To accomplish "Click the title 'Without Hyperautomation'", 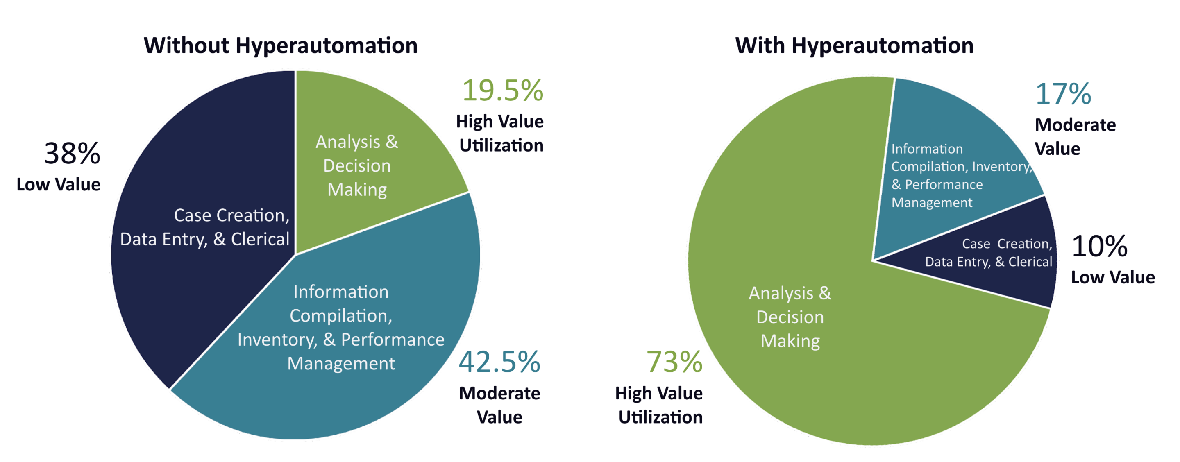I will [280, 46].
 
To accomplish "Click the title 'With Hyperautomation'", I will [854, 46].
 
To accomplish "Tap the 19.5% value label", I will [502, 90].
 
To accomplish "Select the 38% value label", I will [72, 154].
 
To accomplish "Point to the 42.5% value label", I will [499, 362].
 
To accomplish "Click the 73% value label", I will [674, 362].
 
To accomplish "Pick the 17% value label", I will [1063, 94].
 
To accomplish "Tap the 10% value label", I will [1099, 246].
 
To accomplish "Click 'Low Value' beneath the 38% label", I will [59, 185].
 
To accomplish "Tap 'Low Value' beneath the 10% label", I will [1113, 277].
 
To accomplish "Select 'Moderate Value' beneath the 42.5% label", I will [499, 405].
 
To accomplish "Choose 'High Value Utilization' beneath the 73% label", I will [660, 405].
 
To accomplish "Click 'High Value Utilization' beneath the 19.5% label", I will [500, 133].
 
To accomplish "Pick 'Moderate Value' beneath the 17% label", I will [1075, 136].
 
